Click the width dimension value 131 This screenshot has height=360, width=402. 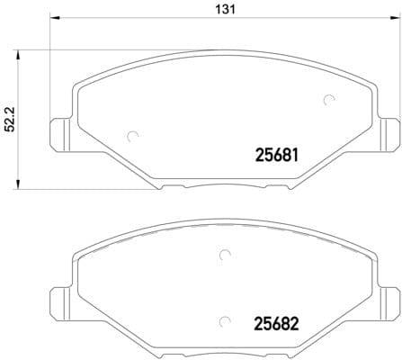tap(226, 10)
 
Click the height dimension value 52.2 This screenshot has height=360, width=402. tap(11, 120)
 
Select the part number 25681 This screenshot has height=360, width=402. tap(277, 156)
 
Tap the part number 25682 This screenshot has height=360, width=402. tap(277, 324)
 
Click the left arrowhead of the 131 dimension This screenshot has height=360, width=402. tap(55, 18)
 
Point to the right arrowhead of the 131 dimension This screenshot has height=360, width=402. tap(396, 18)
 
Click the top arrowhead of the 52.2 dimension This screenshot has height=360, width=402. tap(18, 56)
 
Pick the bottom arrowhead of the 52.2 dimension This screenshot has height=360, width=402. tap(18, 184)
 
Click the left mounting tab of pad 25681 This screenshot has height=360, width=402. tap(60, 135)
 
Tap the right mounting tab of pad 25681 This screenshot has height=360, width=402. tap(389, 135)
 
